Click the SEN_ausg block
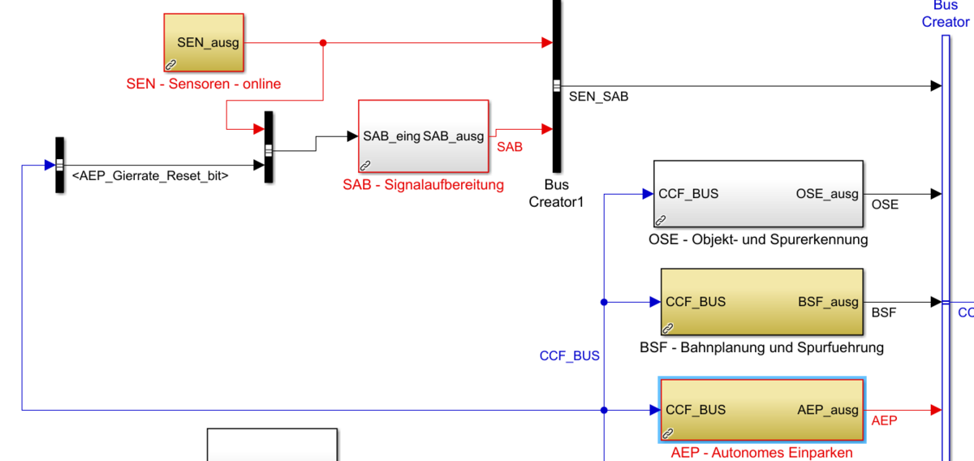(x=203, y=43)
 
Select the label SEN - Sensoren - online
(x=203, y=84)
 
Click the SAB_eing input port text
(x=391, y=136)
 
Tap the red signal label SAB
(x=510, y=147)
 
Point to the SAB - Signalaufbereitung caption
(x=423, y=184)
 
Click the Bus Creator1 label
(x=556, y=193)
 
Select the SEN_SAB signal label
(x=598, y=97)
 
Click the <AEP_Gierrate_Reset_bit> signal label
(x=150, y=175)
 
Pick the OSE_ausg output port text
(x=827, y=194)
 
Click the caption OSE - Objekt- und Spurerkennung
(x=758, y=239)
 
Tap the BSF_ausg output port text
(x=828, y=302)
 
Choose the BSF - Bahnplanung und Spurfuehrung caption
(x=761, y=347)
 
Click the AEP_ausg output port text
(x=828, y=410)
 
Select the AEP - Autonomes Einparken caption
(x=761, y=452)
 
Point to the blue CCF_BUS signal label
(x=569, y=355)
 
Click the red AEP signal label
(x=884, y=420)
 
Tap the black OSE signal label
(x=885, y=205)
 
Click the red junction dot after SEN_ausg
(x=323, y=43)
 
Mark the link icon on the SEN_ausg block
(x=171, y=64)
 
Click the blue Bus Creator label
(x=946, y=14)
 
